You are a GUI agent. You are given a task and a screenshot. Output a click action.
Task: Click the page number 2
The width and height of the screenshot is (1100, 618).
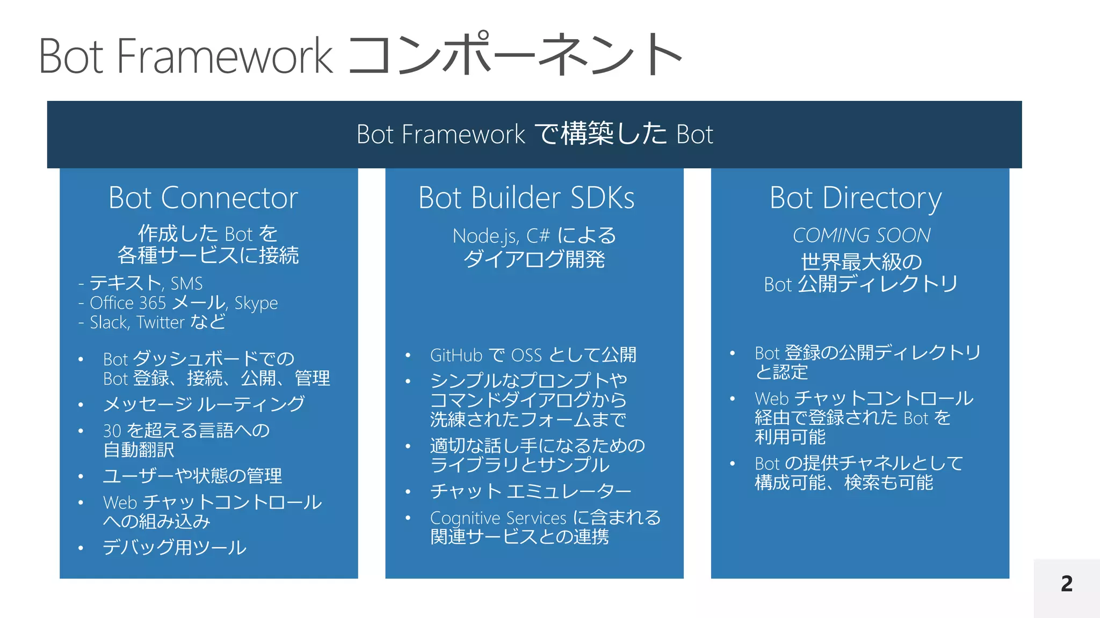tap(1067, 584)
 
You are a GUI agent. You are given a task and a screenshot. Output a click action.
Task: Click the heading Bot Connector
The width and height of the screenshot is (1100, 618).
tap(203, 198)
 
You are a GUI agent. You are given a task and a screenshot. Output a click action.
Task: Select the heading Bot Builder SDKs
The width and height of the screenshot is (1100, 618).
tap(526, 198)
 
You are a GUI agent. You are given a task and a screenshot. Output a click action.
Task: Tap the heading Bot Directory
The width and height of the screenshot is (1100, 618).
tap(855, 198)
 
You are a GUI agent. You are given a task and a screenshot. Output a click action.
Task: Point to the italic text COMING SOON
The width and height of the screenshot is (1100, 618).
tap(862, 235)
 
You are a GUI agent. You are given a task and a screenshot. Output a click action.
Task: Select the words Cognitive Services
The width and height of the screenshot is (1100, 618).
tap(498, 518)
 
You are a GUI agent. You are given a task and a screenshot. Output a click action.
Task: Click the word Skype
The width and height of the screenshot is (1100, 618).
tap(256, 304)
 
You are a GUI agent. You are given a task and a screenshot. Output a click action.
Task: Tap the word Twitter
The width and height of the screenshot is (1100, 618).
tap(161, 322)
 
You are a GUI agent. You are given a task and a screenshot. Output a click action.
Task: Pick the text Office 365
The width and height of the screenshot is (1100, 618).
tap(128, 303)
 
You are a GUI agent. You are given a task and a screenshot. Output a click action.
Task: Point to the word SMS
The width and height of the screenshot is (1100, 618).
tap(186, 283)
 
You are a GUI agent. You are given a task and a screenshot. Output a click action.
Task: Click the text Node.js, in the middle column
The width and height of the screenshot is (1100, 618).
tap(486, 236)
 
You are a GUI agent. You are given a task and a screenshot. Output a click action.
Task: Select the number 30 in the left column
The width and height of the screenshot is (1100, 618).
tap(112, 431)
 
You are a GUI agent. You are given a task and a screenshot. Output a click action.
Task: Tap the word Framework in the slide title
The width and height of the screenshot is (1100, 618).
tap(225, 56)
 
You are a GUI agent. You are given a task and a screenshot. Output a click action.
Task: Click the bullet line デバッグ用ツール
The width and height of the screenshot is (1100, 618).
tap(175, 547)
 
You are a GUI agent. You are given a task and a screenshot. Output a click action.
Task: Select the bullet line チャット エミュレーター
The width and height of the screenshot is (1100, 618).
tap(531, 491)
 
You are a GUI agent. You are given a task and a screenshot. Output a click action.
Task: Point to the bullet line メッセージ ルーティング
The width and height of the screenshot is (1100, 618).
tap(204, 404)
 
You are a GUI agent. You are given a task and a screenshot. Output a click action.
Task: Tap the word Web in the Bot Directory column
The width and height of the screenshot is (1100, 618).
tap(771, 399)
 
